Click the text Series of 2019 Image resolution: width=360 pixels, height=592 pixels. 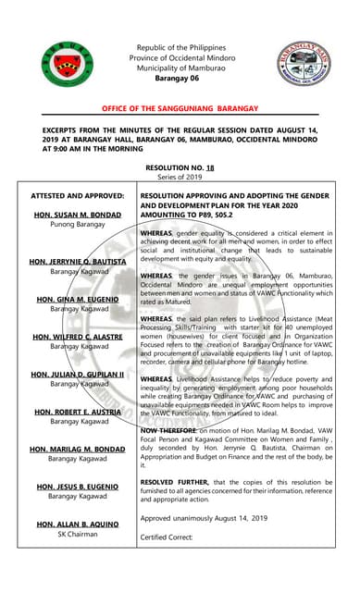(x=180, y=178)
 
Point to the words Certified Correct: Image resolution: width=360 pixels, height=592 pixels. (x=166, y=537)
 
